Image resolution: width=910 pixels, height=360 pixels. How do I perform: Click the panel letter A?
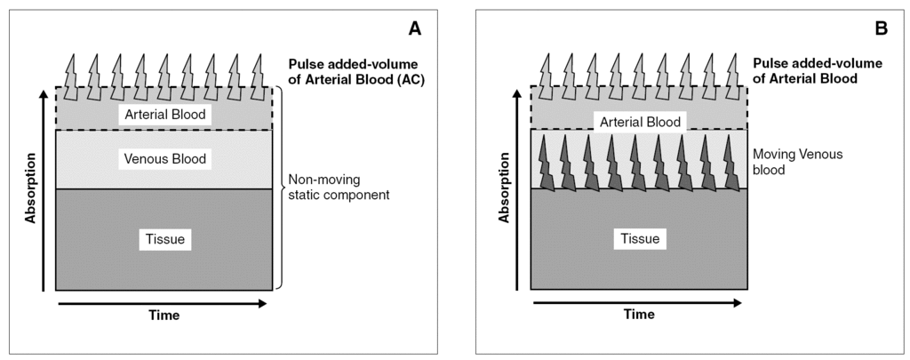414,28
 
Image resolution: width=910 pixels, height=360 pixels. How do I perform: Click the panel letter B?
882,28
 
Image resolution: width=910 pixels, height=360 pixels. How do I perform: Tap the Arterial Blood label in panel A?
165,115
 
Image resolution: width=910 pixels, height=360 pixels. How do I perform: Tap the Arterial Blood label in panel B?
641,122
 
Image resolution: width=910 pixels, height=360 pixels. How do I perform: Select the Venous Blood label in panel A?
165,159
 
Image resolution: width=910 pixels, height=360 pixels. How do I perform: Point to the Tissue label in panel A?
165,239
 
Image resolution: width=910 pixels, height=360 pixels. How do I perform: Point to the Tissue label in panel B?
641,239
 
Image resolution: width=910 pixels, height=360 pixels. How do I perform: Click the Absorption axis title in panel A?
30,188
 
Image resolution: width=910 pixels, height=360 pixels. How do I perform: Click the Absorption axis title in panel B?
506,188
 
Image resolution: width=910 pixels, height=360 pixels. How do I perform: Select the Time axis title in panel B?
638,314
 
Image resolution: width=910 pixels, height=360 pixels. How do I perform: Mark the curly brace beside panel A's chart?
282,188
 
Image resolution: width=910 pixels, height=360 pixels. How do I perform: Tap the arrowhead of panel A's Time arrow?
263,303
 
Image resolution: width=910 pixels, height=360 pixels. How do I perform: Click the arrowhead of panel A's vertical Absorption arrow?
44,93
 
